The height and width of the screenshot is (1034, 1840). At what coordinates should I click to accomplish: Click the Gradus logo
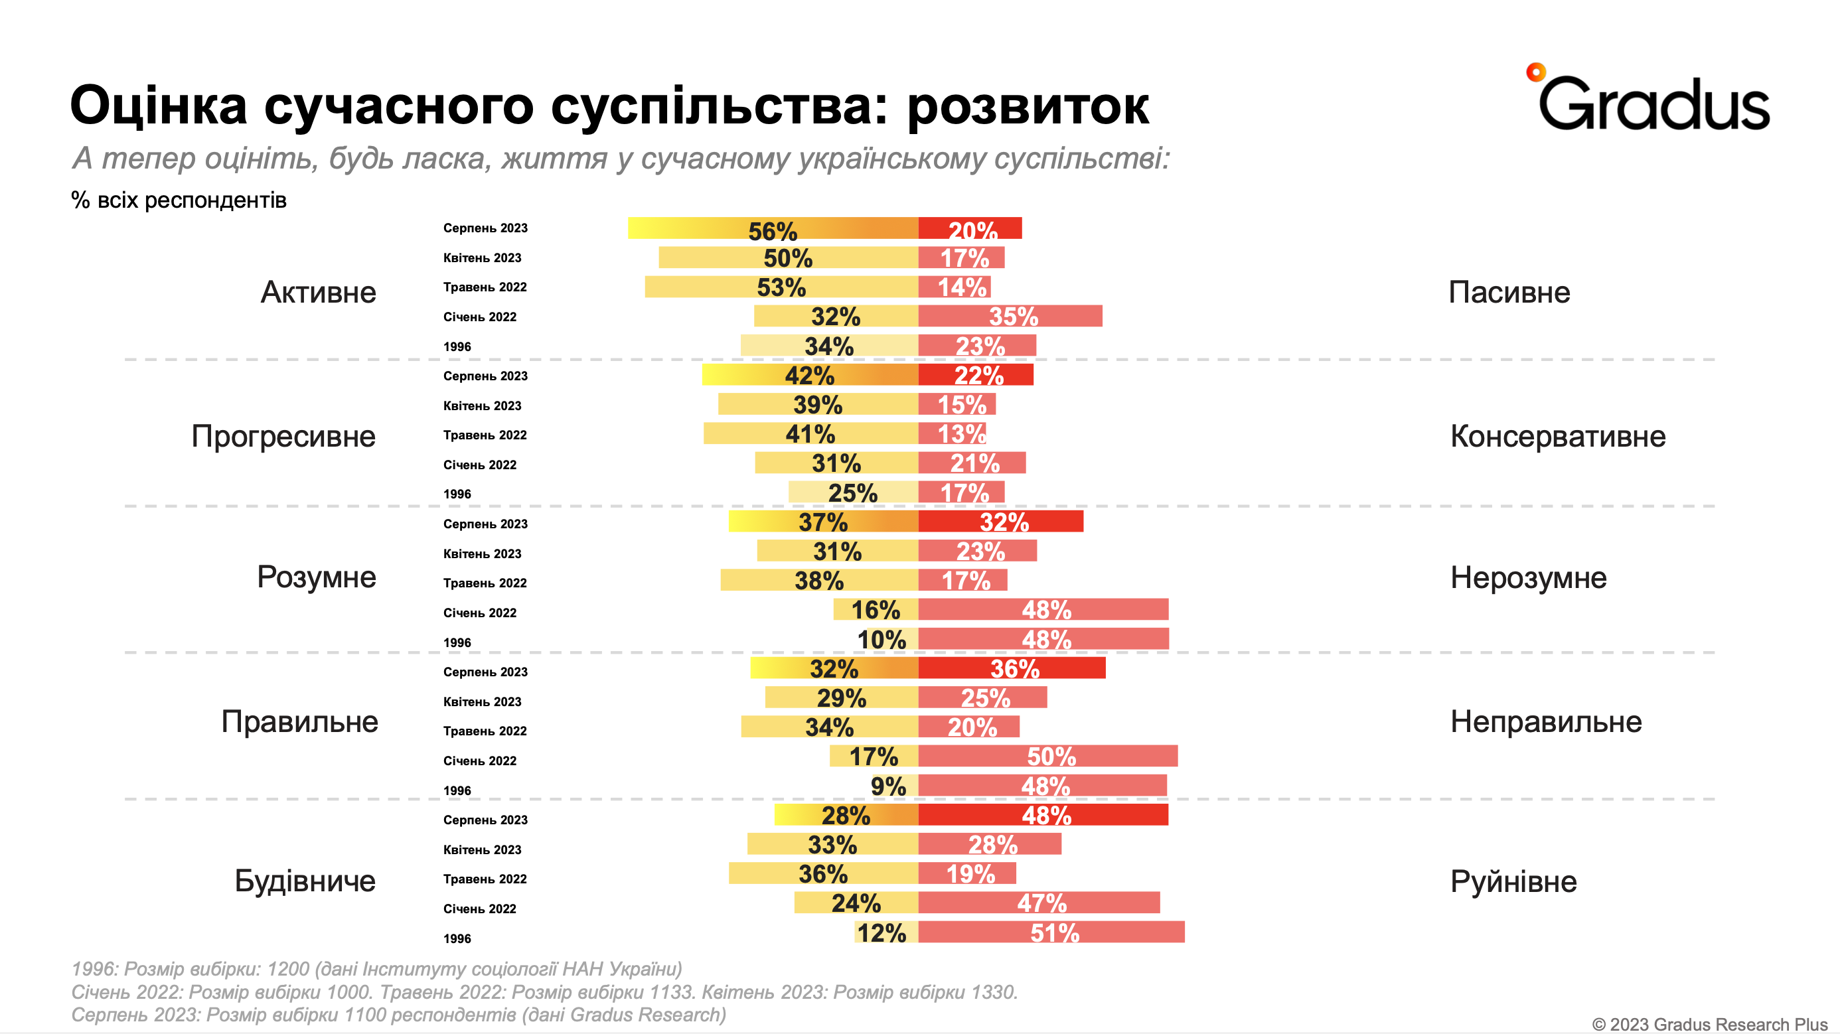coord(1650,100)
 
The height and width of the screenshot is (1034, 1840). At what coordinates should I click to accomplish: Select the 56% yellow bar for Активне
coord(772,228)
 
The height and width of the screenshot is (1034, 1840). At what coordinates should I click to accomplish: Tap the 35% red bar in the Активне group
coord(1010,316)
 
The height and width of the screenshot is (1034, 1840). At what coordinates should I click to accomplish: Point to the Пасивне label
coord(1509,292)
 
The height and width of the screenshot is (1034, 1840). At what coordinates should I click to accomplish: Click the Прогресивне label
coord(283,435)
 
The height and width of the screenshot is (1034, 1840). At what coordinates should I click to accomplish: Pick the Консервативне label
coord(1557,435)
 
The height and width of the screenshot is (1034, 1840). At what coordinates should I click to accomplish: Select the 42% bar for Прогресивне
coord(809,375)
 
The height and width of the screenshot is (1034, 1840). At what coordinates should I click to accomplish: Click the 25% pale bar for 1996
coord(853,492)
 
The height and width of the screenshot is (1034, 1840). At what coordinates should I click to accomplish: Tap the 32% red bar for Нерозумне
coord(1001,521)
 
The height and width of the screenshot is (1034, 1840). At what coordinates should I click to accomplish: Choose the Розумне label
coord(316,576)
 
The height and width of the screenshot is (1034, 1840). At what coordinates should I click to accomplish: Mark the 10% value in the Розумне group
coord(882,639)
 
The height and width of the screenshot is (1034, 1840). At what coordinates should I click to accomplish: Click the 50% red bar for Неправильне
coord(1048,755)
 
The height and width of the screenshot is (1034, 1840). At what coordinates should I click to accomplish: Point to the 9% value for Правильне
coord(888,786)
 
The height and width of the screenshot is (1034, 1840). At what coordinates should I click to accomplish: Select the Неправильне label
coord(1546,721)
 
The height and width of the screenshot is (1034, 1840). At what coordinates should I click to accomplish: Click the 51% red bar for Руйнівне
coord(1051,932)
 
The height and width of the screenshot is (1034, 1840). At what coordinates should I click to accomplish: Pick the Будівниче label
coord(305,881)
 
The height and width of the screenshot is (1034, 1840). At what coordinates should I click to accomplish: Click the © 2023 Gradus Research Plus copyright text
coord(1709,1024)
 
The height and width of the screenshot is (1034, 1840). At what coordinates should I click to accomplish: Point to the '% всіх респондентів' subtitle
coord(179,200)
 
